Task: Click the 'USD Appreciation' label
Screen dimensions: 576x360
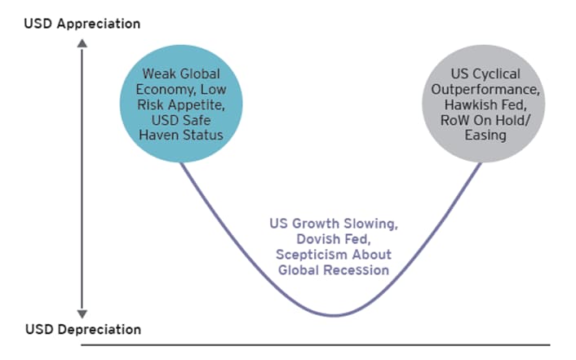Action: pyautogui.click(x=82, y=24)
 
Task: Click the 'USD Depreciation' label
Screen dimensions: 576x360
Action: pyautogui.click(x=83, y=330)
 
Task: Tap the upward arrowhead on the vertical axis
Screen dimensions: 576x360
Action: pyautogui.click(x=82, y=43)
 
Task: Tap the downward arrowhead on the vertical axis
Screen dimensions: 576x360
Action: pyautogui.click(x=82, y=313)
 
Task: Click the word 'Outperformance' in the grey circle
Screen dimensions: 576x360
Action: pyautogui.click(x=485, y=90)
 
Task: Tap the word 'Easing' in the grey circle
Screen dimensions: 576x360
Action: pyautogui.click(x=485, y=136)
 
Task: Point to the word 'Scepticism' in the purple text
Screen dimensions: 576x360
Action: pyautogui.click(x=312, y=255)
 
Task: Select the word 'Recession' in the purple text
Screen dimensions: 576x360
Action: pyautogui.click(x=357, y=270)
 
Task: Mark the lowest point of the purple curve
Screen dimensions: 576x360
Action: pyautogui.click(x=334, y=315)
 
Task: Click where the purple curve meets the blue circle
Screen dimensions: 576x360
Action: pyautogui.click(x=181, y=163)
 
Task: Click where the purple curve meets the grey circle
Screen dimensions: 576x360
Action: pyautogui.click(x=480, y=163)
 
